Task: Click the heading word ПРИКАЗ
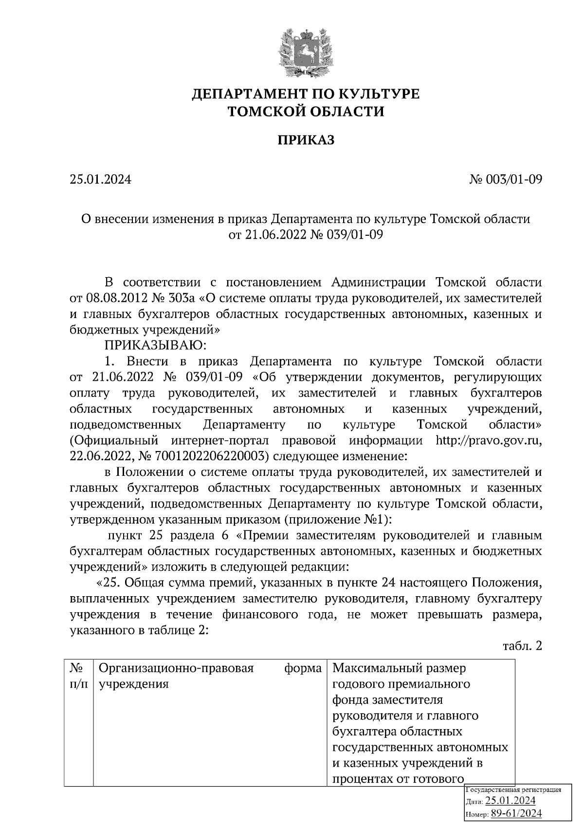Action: coord(306,141)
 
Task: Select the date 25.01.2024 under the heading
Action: coord(101,180)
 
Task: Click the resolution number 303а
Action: coord(184,298)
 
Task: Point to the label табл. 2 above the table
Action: coord(522,646)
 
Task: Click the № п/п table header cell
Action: coord(78,676)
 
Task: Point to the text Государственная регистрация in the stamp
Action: coord(514,790)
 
